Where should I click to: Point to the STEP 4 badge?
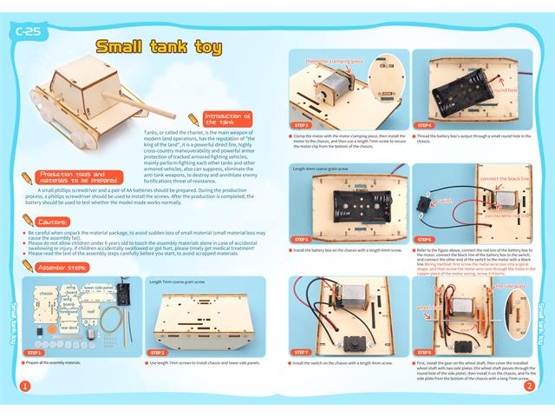coord(424,125)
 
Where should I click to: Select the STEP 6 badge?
coord(424,239)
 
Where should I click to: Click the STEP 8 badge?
coord(424,352)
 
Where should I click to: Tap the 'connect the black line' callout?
coord(504,179)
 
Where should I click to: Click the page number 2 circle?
coord(528,386)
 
